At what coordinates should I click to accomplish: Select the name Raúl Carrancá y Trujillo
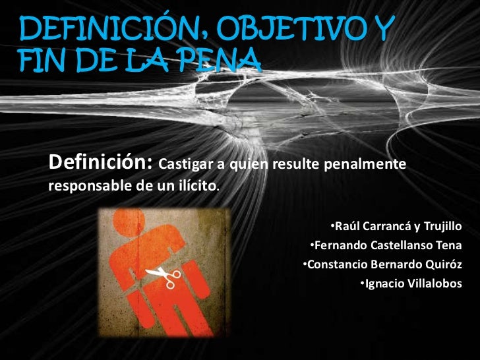[398, 227]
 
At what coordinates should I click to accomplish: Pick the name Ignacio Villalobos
[413, 284]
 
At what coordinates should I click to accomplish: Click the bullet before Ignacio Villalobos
[362, 284]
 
